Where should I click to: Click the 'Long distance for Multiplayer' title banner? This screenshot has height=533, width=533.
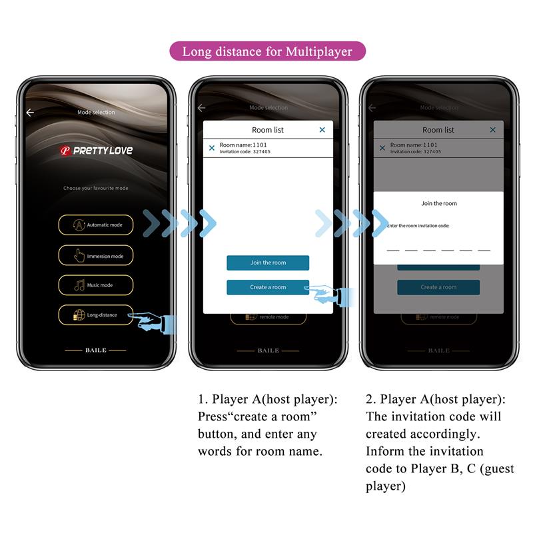point(267,51)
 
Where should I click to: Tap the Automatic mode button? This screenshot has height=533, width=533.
point(95,225)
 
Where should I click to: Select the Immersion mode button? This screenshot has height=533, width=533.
point(95,256)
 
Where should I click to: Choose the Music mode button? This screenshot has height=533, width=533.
point(95,285)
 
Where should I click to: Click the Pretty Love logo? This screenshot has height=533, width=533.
point(95,151)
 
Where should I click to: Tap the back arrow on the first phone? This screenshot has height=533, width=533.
point(30,113)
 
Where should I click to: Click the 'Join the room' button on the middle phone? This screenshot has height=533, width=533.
point(268,263)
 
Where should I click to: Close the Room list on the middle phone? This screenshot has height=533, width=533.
point(322,130)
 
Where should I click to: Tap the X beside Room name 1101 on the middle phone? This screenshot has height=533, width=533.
point(212,148)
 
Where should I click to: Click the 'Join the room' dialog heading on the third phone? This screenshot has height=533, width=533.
point(439,203)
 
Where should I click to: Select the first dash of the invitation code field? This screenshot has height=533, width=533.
point(393,250)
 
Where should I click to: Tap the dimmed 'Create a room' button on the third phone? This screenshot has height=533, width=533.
point(438,287)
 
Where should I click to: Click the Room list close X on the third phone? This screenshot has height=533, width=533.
point(493,130)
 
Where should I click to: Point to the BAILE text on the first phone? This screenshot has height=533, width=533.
point(95,350)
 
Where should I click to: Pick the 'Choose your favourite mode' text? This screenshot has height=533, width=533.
point(95,189)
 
